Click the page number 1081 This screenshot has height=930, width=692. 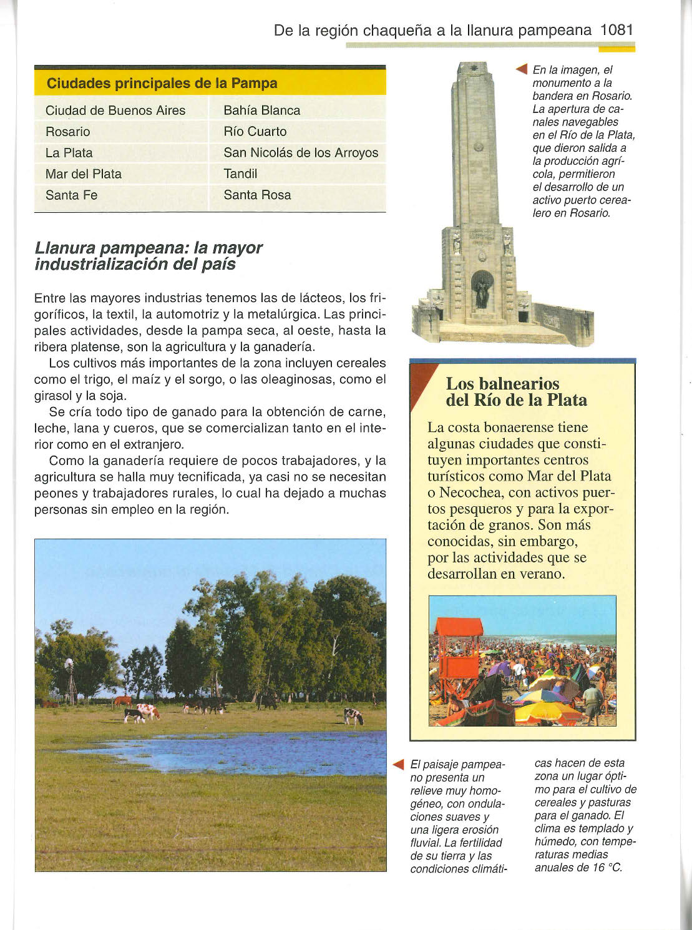(616, 29)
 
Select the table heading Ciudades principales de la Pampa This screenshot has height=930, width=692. (162, 83)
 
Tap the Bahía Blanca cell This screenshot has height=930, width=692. (261, 110)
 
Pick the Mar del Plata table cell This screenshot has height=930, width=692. (84, 174)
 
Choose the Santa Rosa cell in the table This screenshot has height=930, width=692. (257, 195)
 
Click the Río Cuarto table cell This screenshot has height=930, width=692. (255, 132)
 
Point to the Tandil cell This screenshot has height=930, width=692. (240, 174)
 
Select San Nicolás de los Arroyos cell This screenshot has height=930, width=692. (301, 153)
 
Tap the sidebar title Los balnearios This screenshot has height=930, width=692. (502, 383)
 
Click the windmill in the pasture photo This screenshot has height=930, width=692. (70, 679)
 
